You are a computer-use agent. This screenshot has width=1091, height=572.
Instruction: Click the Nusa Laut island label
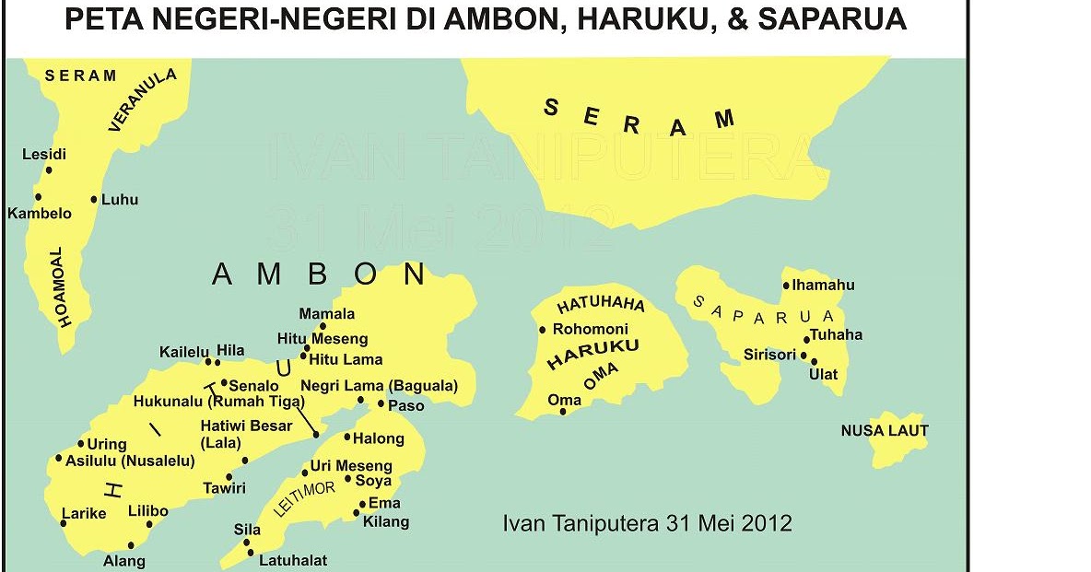(x=885, y=430)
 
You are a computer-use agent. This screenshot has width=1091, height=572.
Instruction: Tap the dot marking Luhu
(x=94, y=199)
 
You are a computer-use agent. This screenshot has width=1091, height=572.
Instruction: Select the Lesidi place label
(x=44, y=155)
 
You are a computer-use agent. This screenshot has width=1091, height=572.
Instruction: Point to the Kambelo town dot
(x=38, y=196)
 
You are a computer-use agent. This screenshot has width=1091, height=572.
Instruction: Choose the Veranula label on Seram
(x=142, y=100)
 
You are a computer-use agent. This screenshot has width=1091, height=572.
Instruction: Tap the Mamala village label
(x=327, y=314)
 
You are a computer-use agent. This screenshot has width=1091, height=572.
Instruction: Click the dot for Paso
(x=381, y=403)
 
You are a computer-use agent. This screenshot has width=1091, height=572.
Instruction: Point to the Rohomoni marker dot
(x=543, y=330)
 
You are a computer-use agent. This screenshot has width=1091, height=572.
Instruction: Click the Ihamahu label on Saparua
(x=824, y=286)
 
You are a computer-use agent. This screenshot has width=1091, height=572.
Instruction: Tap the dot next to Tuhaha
(x=807, y=340)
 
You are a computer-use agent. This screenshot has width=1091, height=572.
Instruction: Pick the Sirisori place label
(x=770, y=355)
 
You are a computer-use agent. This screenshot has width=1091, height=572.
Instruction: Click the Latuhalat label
(x=293, y=560)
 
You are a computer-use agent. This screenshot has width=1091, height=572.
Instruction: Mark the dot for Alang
(x=132, y=545)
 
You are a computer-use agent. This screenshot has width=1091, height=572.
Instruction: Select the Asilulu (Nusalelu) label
(x=130, y=461)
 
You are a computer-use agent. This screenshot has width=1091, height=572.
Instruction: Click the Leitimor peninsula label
(x=304, y=497)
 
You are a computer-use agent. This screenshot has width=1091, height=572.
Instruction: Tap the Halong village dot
(x=347, y=437)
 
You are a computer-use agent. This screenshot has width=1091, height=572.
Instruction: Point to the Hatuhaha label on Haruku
(x=601, y=303)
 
